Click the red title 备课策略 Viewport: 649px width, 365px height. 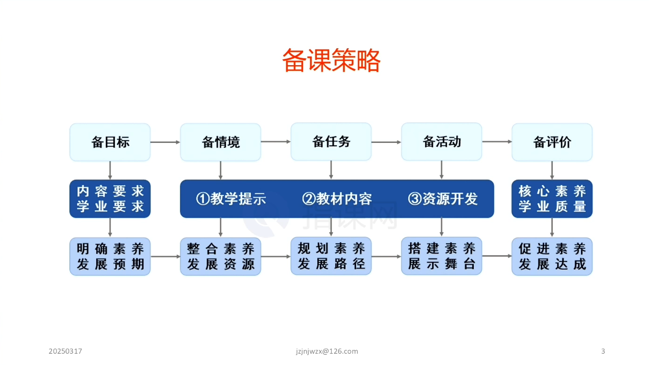331,60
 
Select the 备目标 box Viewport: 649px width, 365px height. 110,142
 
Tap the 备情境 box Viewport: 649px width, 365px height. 221,142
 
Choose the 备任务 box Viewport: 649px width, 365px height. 331,142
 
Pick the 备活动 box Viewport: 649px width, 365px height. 441,142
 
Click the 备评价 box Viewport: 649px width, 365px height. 552,142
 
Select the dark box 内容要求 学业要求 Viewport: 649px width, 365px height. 110,199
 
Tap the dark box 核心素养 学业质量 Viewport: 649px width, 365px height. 552,199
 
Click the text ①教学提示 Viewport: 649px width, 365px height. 231,199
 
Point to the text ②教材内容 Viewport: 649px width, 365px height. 337,199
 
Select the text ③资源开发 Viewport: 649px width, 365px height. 443,199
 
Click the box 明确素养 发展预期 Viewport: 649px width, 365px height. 110,257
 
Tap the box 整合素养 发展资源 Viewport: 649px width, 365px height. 221,257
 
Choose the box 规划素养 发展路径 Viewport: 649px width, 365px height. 331,256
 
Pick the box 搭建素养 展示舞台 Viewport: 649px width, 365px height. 441,256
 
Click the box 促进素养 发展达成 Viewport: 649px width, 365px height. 552,257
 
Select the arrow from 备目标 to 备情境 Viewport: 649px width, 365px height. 165,142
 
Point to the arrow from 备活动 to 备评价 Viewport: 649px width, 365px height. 497,142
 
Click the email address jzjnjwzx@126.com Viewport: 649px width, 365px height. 327,351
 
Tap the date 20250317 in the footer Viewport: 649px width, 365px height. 66,351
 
